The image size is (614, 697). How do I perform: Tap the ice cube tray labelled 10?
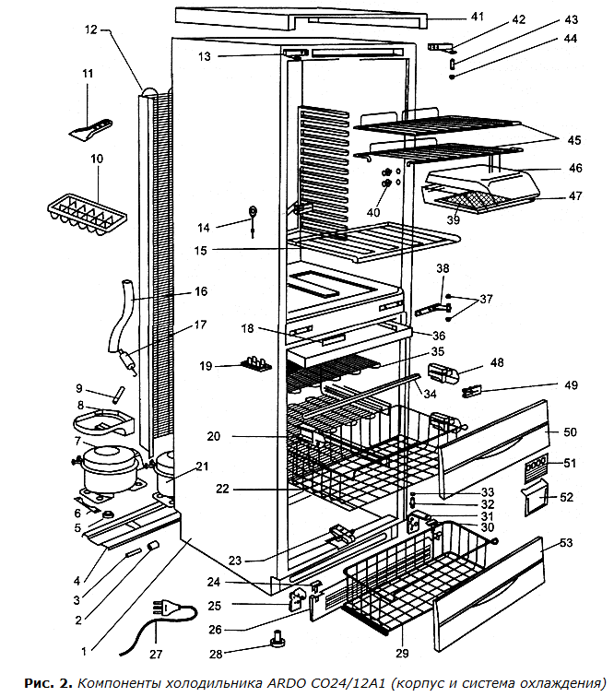pos(84,213)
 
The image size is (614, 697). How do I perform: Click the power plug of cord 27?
pos(167,608)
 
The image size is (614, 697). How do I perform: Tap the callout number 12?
pos(90,30)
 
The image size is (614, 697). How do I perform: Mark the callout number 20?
pos(214,435)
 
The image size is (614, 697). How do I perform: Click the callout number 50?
pos(569,431)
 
